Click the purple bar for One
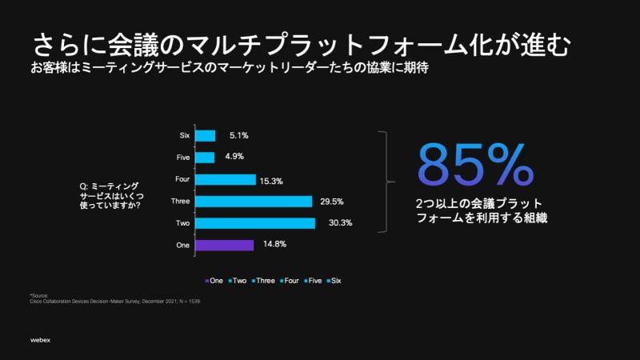[224, 245]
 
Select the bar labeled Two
[254, 222]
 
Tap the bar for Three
[253, 201]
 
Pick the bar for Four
[225, 179]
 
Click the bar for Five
[204, 158]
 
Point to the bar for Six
[205, 136]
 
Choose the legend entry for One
[214, 281]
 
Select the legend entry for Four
[289, 281]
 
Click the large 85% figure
[474, 165]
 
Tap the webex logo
[40, 341]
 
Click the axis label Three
[180, 201]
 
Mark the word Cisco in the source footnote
[36, 301]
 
